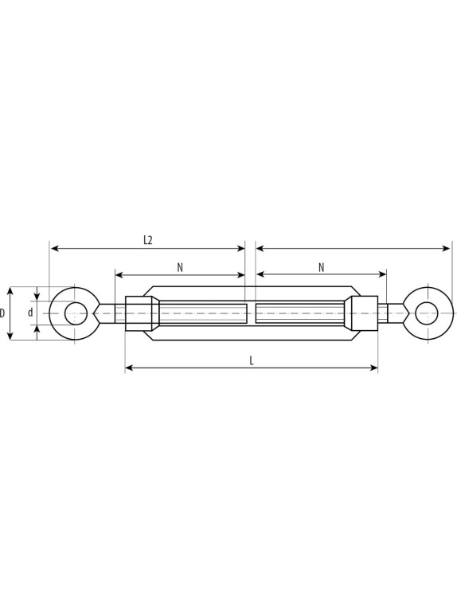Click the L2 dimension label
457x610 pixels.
point(147,240)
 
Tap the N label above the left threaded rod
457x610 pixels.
point(180,267)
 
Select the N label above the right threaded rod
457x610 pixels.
point(321,267)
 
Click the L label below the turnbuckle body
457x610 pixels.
point(252,360)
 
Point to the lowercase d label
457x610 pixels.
point(30,313)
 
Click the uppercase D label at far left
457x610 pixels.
point(2,313)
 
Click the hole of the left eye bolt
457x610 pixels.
point(76,313)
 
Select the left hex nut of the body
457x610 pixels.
point(142,313)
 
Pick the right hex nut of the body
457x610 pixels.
point(364,313)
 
